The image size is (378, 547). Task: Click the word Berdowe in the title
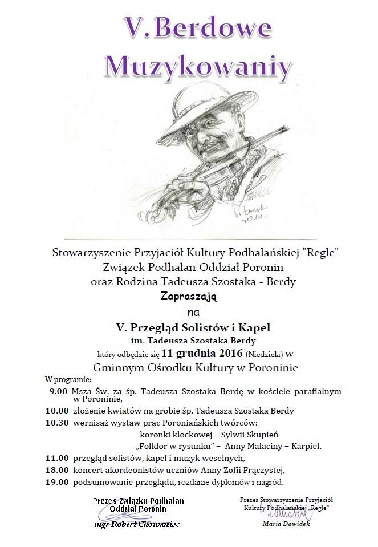pyautogui.click(x=216, y=27)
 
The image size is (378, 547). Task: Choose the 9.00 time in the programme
pyautogui.click(x=58, y=391)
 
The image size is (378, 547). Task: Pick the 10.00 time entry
pyautogui.click(x=58, y=411)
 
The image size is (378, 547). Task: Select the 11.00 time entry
pyautogui.click(x=58, y=458)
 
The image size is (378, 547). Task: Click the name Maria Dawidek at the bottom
pyautogui.click(x=286, y=524)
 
